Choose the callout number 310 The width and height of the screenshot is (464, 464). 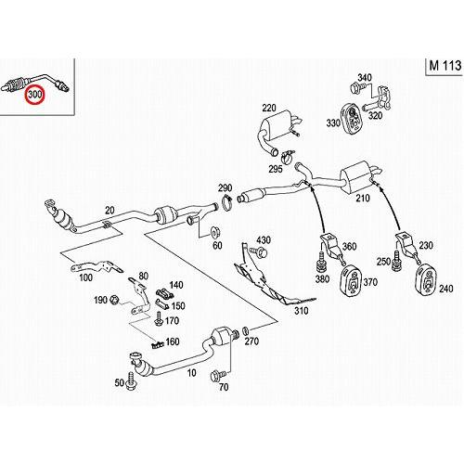(300, 312)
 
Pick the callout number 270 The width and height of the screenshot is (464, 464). (251, 341)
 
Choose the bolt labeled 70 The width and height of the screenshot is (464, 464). (217, 378)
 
